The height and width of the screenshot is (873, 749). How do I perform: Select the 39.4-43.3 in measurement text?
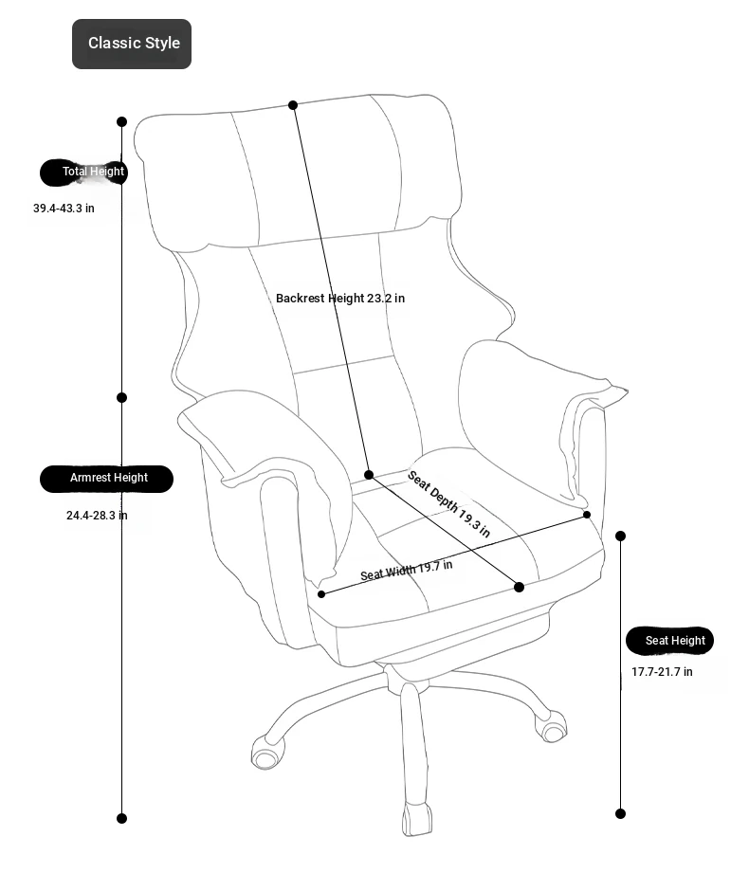tap(64, 209)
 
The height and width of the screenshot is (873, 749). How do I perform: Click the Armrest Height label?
tap(107, 478)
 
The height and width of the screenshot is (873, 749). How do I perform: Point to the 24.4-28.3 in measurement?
tap(97, 516)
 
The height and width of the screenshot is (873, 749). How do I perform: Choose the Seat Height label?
tap(669, 641)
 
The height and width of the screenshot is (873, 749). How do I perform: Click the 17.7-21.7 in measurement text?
tap(662, 672)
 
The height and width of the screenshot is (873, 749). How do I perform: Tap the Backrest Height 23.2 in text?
tap(340, 299)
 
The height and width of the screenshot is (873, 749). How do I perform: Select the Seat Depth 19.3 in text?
tap(448, 503)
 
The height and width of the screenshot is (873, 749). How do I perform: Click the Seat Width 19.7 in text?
tap(406, 571)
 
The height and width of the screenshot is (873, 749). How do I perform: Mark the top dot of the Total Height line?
tap(122, 121)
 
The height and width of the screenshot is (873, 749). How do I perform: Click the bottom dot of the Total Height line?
tap(121, 817)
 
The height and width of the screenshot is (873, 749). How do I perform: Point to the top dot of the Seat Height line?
tap(621, 536)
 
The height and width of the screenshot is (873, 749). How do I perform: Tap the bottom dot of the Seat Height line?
tap(621, 813)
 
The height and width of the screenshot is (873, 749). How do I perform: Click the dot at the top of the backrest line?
tap(293, 104)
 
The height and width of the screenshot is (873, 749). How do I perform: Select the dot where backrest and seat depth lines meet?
tap(369, 475)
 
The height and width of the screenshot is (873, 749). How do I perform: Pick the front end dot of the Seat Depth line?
tap(519, 587)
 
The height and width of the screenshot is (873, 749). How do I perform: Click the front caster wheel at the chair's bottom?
tap(417, 819)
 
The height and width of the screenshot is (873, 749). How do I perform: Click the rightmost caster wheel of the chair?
tap(552, 728)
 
